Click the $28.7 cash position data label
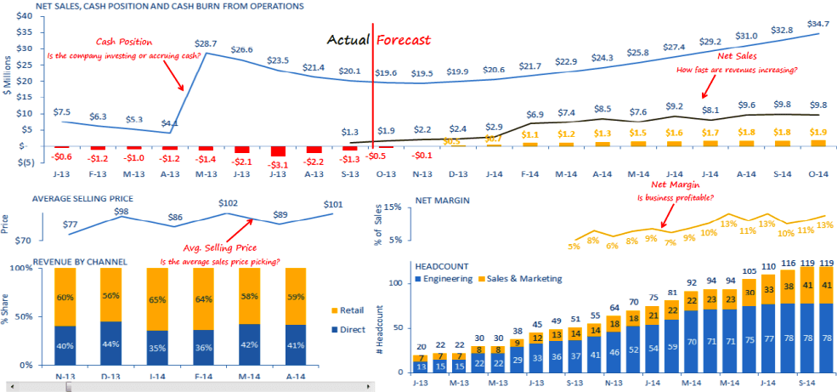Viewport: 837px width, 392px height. (206, 42)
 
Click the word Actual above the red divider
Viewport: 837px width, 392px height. (348, 40)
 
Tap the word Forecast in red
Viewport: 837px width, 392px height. (404, 40)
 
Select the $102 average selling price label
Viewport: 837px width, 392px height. (227, 204)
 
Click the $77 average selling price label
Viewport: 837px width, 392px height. (71, 225)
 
